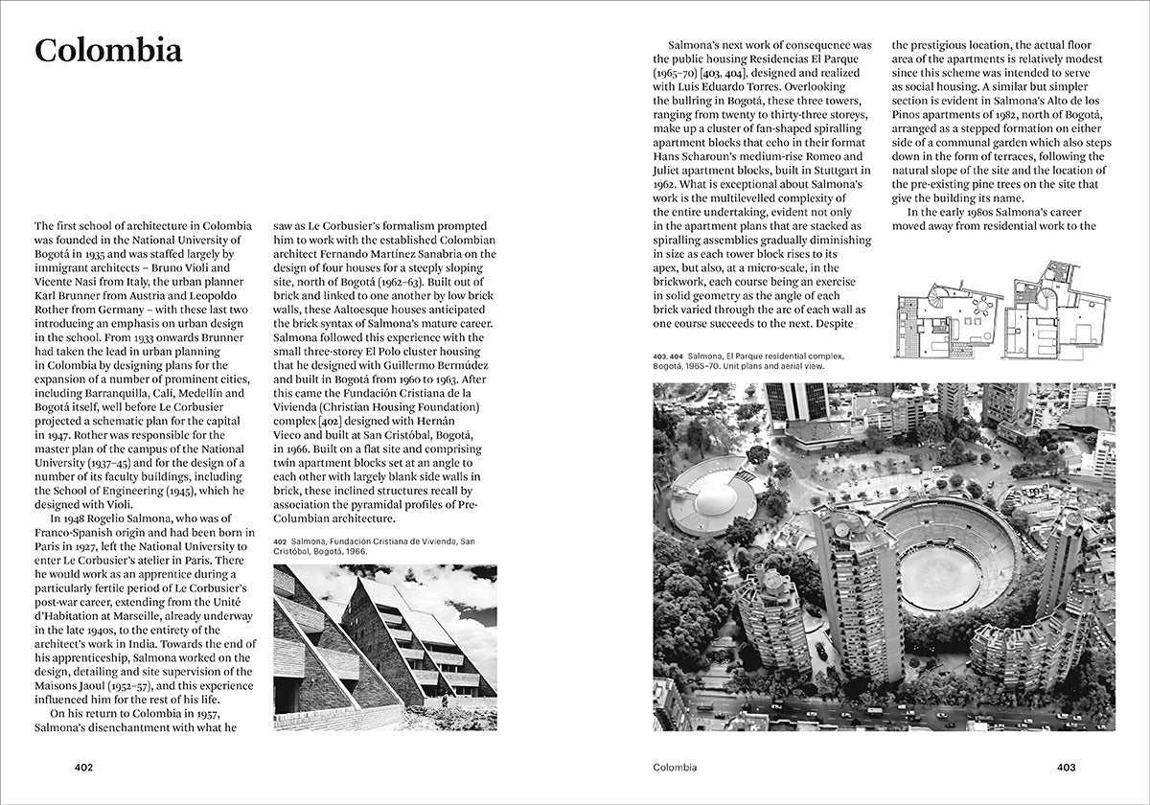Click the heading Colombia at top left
(x=108, y=52)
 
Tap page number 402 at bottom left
(x=86, y=768)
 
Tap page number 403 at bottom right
(x=1067, y=768)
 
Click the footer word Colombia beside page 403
(x=675, y=768)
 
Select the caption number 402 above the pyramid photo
(x=282, y=541)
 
